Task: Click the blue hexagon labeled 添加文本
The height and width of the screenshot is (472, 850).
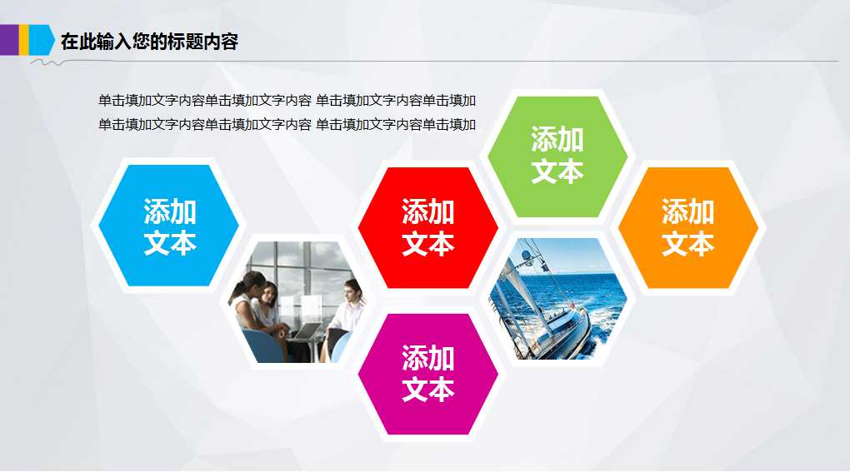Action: (x=169, y=226)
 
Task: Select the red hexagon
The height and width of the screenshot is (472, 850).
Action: (x=427, y=226)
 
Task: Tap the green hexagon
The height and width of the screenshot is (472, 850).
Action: (x=557, y=156)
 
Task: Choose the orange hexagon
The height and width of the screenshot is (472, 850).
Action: (x=687, y=226)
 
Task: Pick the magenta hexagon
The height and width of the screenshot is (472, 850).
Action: (x=427, y=374)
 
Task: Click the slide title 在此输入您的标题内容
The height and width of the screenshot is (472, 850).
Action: (x=150, y=41)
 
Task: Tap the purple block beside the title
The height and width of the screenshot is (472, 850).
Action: (x=8, y=39)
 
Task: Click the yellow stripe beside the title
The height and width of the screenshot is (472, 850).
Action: (x=23, y=39)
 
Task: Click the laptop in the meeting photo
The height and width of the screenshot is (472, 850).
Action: (x=305, y=331)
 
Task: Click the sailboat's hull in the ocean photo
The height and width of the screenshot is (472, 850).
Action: (x=554, y=333)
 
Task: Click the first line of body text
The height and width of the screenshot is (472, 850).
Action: (x=287, y=101)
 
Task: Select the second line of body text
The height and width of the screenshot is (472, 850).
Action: (x=287, y=125)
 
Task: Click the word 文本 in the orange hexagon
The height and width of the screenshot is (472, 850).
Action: (x=687, y=243)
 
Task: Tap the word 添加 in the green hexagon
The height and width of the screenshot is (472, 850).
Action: (x=557, y=139)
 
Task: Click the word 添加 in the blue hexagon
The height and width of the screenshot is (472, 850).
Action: (x=169, y=210)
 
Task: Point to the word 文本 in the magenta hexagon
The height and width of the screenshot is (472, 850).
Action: (x=427, y=390)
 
